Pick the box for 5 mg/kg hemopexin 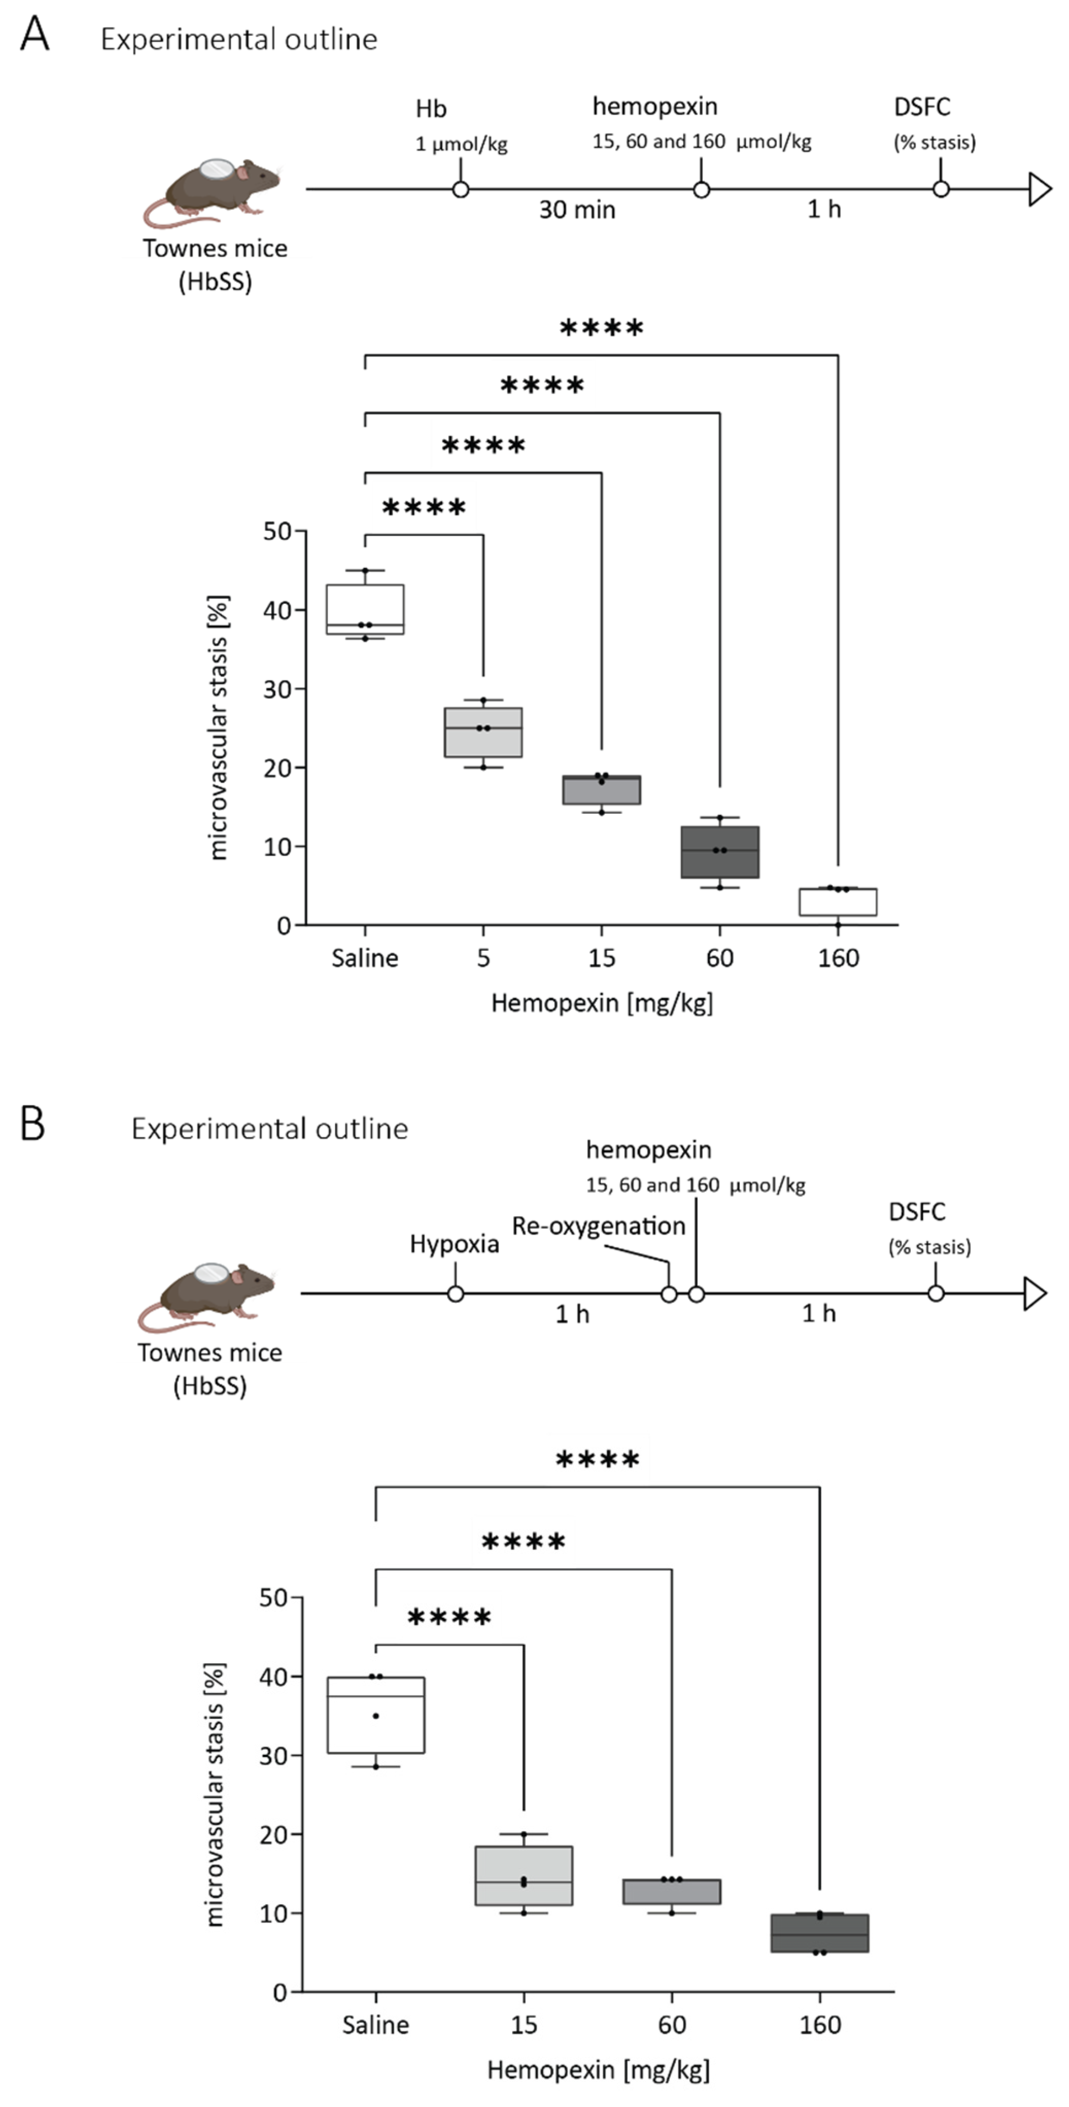484,732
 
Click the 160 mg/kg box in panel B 820,1933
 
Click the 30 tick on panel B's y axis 273,1755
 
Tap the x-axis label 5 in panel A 484,958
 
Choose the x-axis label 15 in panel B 524,2025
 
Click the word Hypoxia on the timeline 454,1244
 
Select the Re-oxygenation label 599,1226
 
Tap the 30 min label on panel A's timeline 577,210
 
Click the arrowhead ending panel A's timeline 1040,190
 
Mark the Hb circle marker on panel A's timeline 460,190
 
